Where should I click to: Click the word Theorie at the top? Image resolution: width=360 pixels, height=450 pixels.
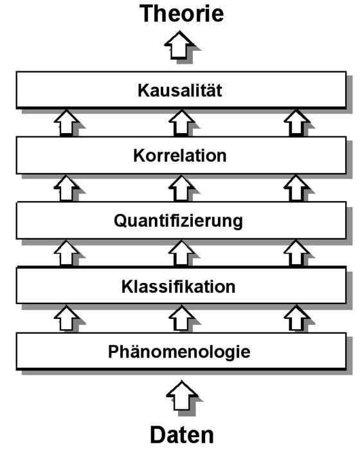[181, 14]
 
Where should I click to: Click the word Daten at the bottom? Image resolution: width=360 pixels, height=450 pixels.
[182, 435]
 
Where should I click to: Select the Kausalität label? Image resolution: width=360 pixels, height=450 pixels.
[180, 90]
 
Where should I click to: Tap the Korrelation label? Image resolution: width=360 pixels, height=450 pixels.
[180, 156]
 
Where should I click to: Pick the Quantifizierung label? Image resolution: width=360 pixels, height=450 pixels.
[178, 222]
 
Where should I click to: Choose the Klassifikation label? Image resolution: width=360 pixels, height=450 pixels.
[178, 287]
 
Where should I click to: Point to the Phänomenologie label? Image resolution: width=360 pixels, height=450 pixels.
[179, 352]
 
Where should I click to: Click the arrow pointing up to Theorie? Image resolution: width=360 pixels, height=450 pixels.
[179, 45]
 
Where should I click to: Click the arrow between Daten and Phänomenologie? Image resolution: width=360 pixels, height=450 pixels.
[182, 395]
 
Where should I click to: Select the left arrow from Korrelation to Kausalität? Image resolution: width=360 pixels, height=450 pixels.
[66, 122]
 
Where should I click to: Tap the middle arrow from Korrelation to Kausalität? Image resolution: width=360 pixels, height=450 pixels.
[181, 122]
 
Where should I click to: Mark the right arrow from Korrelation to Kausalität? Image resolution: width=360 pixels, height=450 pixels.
[296, 122]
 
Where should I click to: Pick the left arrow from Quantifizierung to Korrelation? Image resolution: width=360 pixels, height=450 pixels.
[66, 188]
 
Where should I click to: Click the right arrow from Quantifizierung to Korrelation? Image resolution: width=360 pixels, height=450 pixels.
[296, 188]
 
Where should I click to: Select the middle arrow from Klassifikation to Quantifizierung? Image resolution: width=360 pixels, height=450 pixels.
[181, 253]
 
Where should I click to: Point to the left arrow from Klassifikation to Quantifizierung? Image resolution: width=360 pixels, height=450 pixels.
[66, 253]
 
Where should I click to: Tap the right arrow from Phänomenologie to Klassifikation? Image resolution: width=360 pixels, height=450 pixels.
[296, 318]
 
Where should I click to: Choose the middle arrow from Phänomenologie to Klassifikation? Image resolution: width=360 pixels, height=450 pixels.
[181, 318]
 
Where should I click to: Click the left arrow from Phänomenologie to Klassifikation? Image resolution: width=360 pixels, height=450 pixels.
[66, 318]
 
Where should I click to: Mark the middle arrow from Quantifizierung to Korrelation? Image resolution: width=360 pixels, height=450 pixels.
[181, 188]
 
